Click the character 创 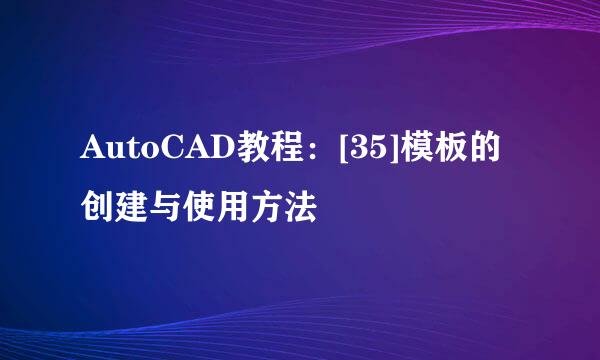click(x=100, y=207)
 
